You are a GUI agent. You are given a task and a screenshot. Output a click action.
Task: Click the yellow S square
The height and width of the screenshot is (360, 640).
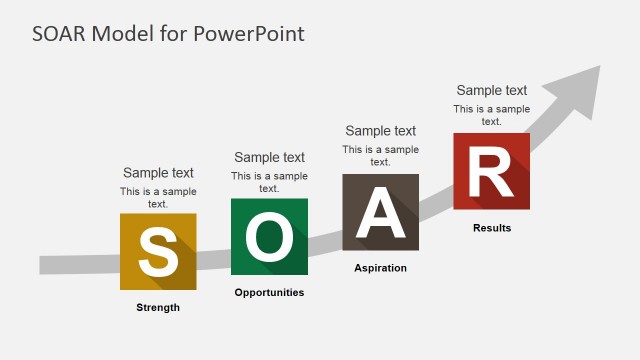(158, 252)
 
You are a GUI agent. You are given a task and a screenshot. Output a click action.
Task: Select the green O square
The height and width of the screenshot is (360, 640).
(269, 236)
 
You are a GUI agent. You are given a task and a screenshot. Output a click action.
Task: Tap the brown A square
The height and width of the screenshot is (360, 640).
(380, 212)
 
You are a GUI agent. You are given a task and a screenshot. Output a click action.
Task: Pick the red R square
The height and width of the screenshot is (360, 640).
(491, 171)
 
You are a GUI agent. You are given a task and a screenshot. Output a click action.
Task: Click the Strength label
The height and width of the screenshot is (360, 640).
(158, 307)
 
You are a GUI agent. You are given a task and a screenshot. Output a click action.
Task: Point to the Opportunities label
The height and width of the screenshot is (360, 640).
(269, 292)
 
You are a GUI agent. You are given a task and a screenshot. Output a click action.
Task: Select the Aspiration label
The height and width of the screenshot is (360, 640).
(380, 268)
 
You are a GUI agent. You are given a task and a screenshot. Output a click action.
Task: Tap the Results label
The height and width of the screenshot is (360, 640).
(491, 228)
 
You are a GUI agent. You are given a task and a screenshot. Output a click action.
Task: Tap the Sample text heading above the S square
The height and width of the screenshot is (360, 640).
(158, 173)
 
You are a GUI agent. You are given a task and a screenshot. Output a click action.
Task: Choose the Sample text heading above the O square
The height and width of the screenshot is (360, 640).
(269, 157)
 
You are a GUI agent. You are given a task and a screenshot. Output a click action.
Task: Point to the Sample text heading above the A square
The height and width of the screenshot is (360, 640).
(380, 131)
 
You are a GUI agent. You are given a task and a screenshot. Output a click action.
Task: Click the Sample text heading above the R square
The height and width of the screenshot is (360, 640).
(491, 90)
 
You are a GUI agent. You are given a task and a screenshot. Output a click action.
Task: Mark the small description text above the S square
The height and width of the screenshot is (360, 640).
(158, 197)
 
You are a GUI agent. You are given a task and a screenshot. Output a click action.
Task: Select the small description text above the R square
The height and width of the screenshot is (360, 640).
(491, 115)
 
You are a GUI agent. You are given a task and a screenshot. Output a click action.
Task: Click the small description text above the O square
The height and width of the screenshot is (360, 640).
(269, 181)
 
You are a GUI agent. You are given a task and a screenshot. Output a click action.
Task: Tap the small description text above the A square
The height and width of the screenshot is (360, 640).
(380, 155)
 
